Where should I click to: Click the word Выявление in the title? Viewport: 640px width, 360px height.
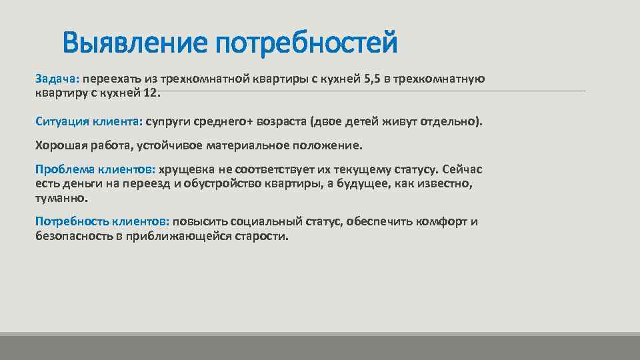[x=135, y=44]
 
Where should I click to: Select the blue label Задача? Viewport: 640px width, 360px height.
[x=57, y=79]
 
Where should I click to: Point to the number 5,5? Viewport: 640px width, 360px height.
[x=372, y=79]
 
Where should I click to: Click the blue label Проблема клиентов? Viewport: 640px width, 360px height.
[x=95, y=169]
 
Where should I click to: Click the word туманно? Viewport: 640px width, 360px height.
[x=60, y=198]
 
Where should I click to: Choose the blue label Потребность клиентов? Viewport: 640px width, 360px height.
[x=103, y=221]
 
